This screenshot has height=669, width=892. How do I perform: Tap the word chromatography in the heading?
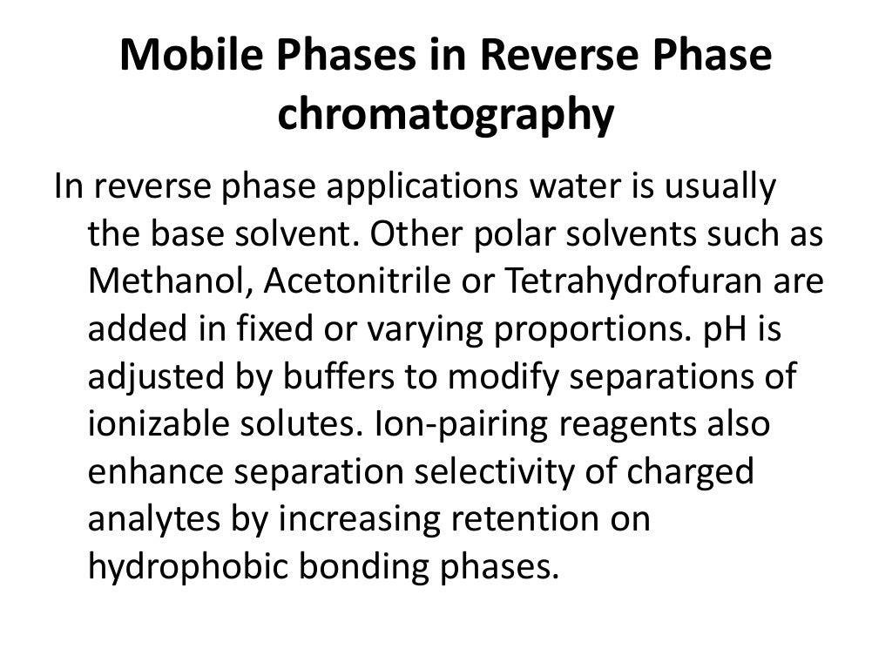[445, 116]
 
